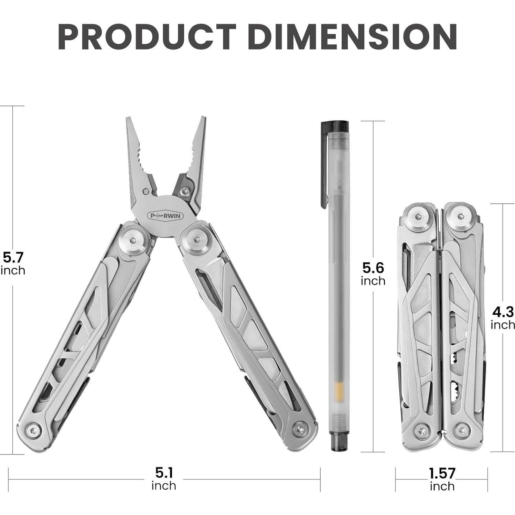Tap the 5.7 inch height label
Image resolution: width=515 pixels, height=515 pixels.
13,263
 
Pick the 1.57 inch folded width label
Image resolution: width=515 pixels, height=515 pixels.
442,479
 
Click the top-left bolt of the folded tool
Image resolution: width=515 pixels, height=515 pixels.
418,217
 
